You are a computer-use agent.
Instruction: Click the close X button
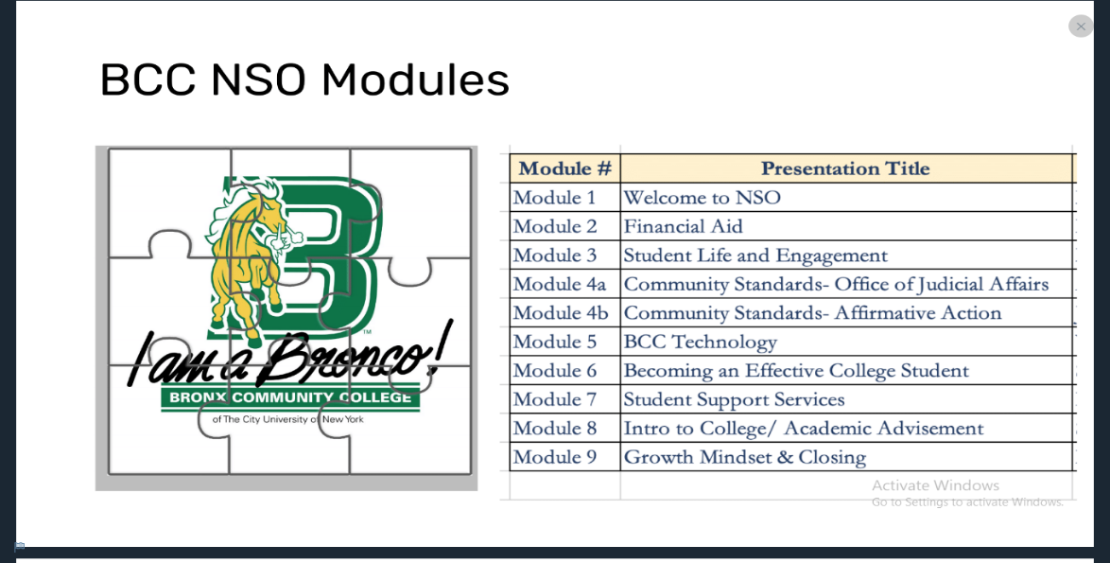click(x=1081, y=26)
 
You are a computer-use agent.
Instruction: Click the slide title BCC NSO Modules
click(x=304, y=79)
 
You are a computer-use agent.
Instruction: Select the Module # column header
click(x=564, y=168)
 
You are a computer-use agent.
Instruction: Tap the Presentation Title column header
click(x=845, y=168)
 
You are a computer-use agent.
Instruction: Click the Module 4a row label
click(x=560, y=284)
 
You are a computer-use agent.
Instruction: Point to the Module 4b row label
click(x=561, y=313)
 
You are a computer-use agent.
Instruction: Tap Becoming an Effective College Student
click(x=796, y=371)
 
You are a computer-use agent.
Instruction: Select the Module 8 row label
click(x=555, y=429)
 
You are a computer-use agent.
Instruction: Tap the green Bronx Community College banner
click(x=290, y=398)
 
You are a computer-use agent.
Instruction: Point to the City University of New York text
click(x=288, y=419)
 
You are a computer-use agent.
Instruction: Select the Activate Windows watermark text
click(x=935, y=485)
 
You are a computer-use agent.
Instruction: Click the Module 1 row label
click(x=554, y=198)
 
